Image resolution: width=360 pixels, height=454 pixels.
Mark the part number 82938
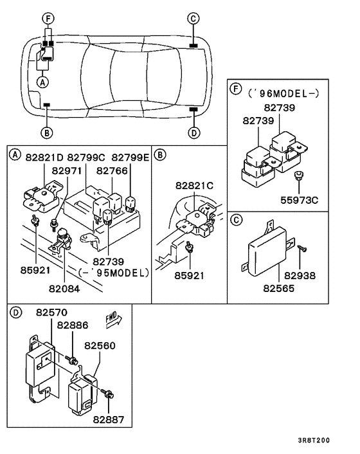click(301, 276)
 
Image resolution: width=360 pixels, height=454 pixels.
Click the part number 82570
click(52, 313)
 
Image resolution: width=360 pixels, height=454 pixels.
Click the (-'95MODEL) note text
click(113, 272)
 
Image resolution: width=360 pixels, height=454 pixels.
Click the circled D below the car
click(194, 133)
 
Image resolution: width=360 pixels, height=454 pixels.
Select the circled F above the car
click(47, 18)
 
